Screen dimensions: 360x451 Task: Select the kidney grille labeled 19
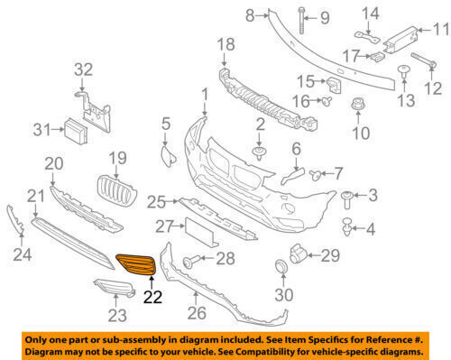coord(116,191)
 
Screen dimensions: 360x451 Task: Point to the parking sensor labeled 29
coord(298,255)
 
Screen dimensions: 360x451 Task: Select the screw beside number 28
coord(192,262)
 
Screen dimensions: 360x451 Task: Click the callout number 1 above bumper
coord(204,93)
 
